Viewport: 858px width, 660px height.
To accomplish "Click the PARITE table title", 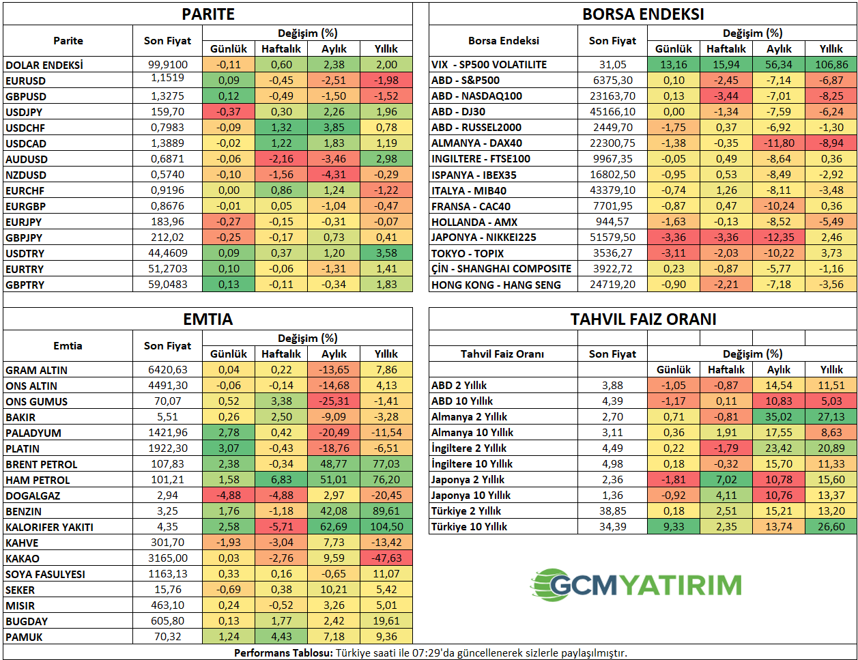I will pyautogui.click(x=208, y=14).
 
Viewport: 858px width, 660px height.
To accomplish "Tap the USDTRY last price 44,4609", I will pyautogui.click(x=168, y=253).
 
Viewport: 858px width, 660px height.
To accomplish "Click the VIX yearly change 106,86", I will pyautogui.click(x=831, y=64).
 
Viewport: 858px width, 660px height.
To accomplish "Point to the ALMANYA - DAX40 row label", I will pyautogui.click(x=476, y=143).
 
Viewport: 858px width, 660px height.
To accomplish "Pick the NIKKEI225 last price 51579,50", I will pyautogui.click(x=612, y=238).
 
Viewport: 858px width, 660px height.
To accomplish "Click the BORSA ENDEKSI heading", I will pyautogui.click(x=642, y=14).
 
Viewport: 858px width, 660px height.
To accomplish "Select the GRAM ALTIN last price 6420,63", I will pyautogui.click(x=168, y=370).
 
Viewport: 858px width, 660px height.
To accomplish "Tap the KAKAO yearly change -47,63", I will pyautogui.click(x=386, y=558).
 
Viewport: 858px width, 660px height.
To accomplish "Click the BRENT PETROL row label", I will pyautogui.click(x=42, y=464).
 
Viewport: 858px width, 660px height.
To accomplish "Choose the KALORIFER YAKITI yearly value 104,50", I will pyautogui.click(x=386, y=527).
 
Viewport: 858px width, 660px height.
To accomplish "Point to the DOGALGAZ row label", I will pyautogui.click(x=33, y=496).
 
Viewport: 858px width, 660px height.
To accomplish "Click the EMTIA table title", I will pyautogui.click(x=208, y=319).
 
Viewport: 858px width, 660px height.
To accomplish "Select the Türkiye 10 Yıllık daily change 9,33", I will pyautogui.click(x=673, y=526).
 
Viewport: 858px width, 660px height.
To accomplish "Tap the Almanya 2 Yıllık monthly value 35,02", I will pyautogui.click(x=779, y=416).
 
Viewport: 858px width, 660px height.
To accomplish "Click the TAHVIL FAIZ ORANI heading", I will pyautogui.click(x=643, y=319).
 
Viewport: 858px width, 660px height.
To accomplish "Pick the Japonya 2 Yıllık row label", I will pyautogui.click(x=468, y=479).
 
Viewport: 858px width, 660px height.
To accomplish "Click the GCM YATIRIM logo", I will pyautogui.click(x=635, y=586).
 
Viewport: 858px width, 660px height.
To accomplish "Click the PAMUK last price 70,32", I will pyautogui.click(x=168, y=637).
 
